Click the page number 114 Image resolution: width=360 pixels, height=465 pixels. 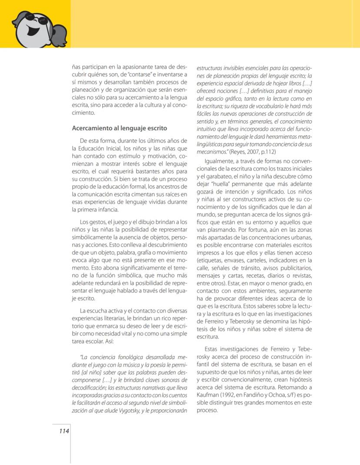pos(64,431)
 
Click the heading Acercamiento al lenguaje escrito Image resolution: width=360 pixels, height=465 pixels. pos(119,129)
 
